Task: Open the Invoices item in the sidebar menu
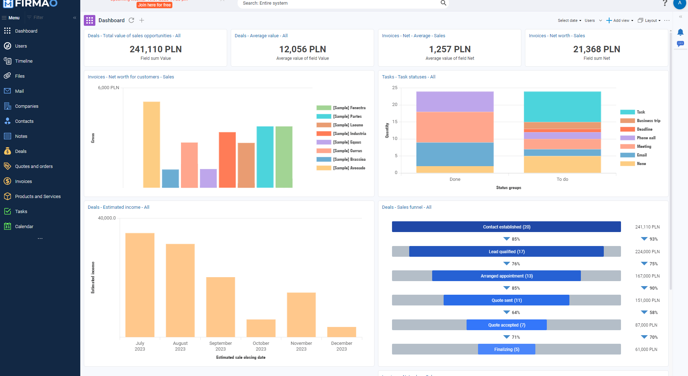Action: tap(23, 182)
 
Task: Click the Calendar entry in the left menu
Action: tap(24, 227)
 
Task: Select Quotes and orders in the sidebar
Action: tap(34, 167)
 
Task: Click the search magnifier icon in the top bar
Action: tap(443, 3)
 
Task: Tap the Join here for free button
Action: tap(154, 5)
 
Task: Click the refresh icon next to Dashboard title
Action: tap(132, 20)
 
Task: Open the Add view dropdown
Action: tap(620, 20)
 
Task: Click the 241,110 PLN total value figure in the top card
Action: tap(156, 49)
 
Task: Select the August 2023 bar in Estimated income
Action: tap(180, 290)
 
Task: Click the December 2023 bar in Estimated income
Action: tap(341, 332)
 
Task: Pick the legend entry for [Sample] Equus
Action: tap(347, 142)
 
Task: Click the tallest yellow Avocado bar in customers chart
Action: tap(152, 144)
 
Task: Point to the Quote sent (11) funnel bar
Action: tap(506, 300)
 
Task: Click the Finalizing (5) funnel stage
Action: tap(506, 350)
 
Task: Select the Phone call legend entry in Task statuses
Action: tap(646, 138)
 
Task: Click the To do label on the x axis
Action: tap(562, 179)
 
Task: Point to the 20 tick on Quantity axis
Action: tap(395, 105)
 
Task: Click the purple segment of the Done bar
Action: tap(455, 102)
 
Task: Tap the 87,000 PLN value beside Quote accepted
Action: tap(646, 325)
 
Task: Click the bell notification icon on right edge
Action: tap(680, 33)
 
